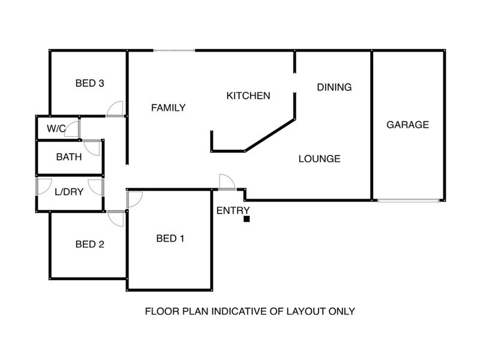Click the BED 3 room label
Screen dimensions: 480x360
[89, 83]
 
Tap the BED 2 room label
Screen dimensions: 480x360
[89, 244]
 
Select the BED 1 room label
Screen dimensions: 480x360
[170, 238]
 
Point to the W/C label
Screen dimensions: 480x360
[56, 128]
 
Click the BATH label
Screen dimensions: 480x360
[69, 157]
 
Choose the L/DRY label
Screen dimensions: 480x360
[69, 192]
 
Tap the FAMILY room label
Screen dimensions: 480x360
[169, 108]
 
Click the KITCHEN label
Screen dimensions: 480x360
[248, 96]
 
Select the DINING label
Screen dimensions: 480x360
[334, 87]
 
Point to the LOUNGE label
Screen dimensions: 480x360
[320, 159]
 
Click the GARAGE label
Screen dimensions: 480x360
[408, 125]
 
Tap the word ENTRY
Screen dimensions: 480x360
[233, 211]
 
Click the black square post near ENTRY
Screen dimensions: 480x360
[247, 219]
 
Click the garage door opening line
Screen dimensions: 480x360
[408, 201]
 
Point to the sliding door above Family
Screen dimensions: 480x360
[174, 50]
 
